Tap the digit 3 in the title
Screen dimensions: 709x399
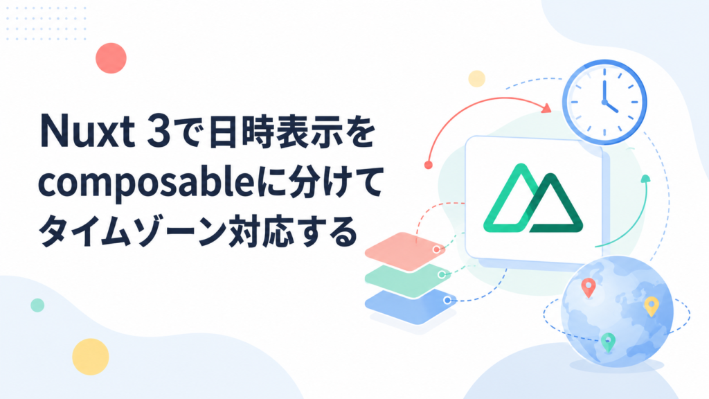pos(159,132)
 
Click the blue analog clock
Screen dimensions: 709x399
pos(604,103)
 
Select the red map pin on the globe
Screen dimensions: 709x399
pos(588,287)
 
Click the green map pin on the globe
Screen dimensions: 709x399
pos(608,342)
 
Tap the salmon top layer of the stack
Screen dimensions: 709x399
pos(405,251)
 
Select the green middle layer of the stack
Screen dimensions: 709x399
pos(408,279)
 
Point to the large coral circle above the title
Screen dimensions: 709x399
pos(111,58)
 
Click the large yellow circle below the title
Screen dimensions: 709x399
pos(91,357)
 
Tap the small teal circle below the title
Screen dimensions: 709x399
pos(37,305)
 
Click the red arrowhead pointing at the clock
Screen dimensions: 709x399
pos(547,108)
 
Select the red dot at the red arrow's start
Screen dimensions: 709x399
pos(428,165)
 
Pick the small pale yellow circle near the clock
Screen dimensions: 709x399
pos(476,79)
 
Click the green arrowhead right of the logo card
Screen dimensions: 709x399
pos(646,179)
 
